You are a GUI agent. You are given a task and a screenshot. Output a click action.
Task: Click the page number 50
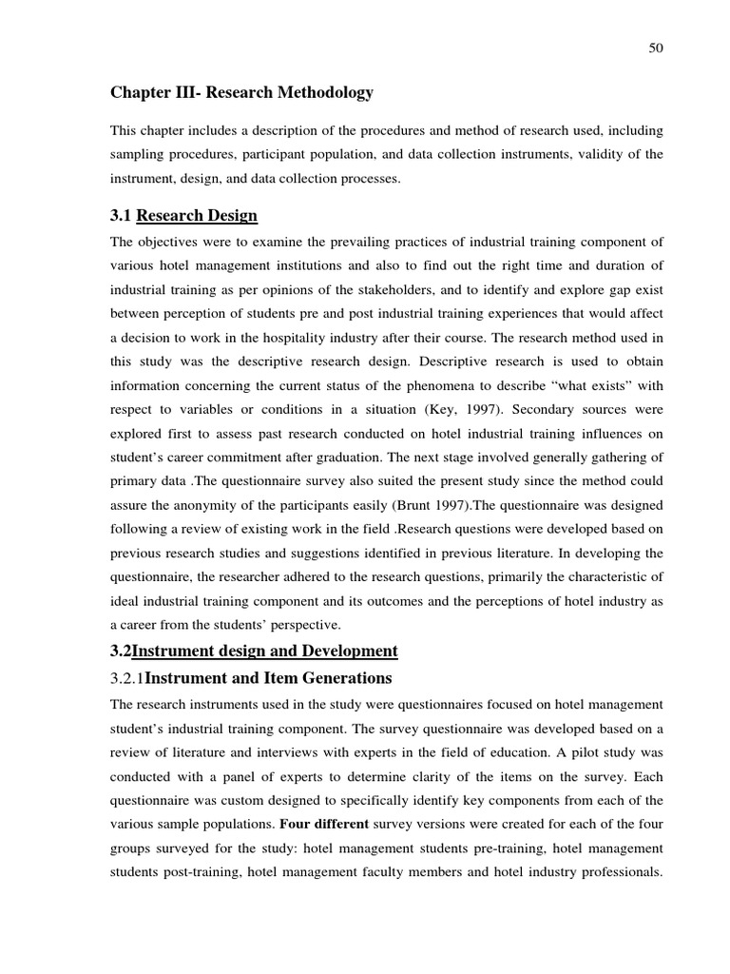pos(656,49)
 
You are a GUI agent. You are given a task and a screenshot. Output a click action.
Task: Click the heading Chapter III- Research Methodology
pos(242,93)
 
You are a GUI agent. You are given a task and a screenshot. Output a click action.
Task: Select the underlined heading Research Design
pos(197,215)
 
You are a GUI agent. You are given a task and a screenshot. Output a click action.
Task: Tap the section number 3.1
pos(122,215)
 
